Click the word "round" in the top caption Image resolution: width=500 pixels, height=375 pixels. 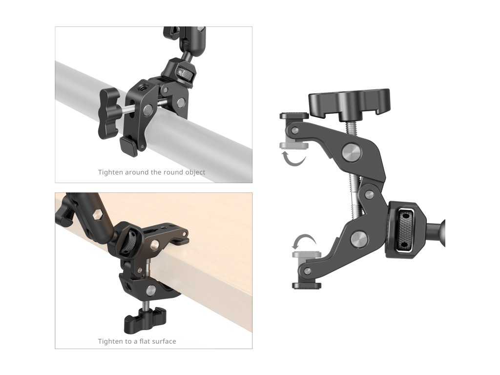[172, 172]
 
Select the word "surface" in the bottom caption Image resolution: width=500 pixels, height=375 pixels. [164, 341]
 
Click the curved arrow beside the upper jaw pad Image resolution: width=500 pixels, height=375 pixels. [294, 159]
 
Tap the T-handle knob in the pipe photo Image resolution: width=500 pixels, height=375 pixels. [108, 113]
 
